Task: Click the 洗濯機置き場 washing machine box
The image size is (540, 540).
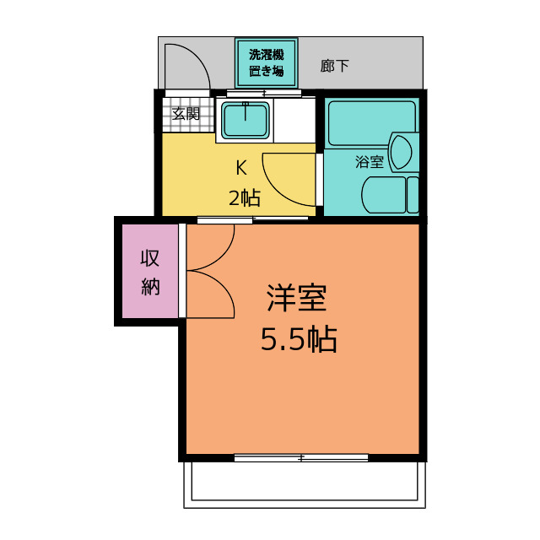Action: [x=266, y=62]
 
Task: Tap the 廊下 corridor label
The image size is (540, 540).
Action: [x=335, y=65]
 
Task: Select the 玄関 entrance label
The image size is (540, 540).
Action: [x=186, y=114]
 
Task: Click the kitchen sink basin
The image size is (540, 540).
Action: [x=245, y=119]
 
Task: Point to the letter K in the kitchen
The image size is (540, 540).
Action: [x=241, y=166]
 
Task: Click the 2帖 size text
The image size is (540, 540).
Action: [x=244, y=198]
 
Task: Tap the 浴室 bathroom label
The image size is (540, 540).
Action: [x=369, y=161]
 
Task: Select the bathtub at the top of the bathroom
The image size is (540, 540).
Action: [x=371, y=123]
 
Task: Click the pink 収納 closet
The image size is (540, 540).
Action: [x=150, y=271]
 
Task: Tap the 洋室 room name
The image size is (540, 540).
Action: [x=297, y=298]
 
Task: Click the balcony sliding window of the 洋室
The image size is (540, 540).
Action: [x=300, y=457]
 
